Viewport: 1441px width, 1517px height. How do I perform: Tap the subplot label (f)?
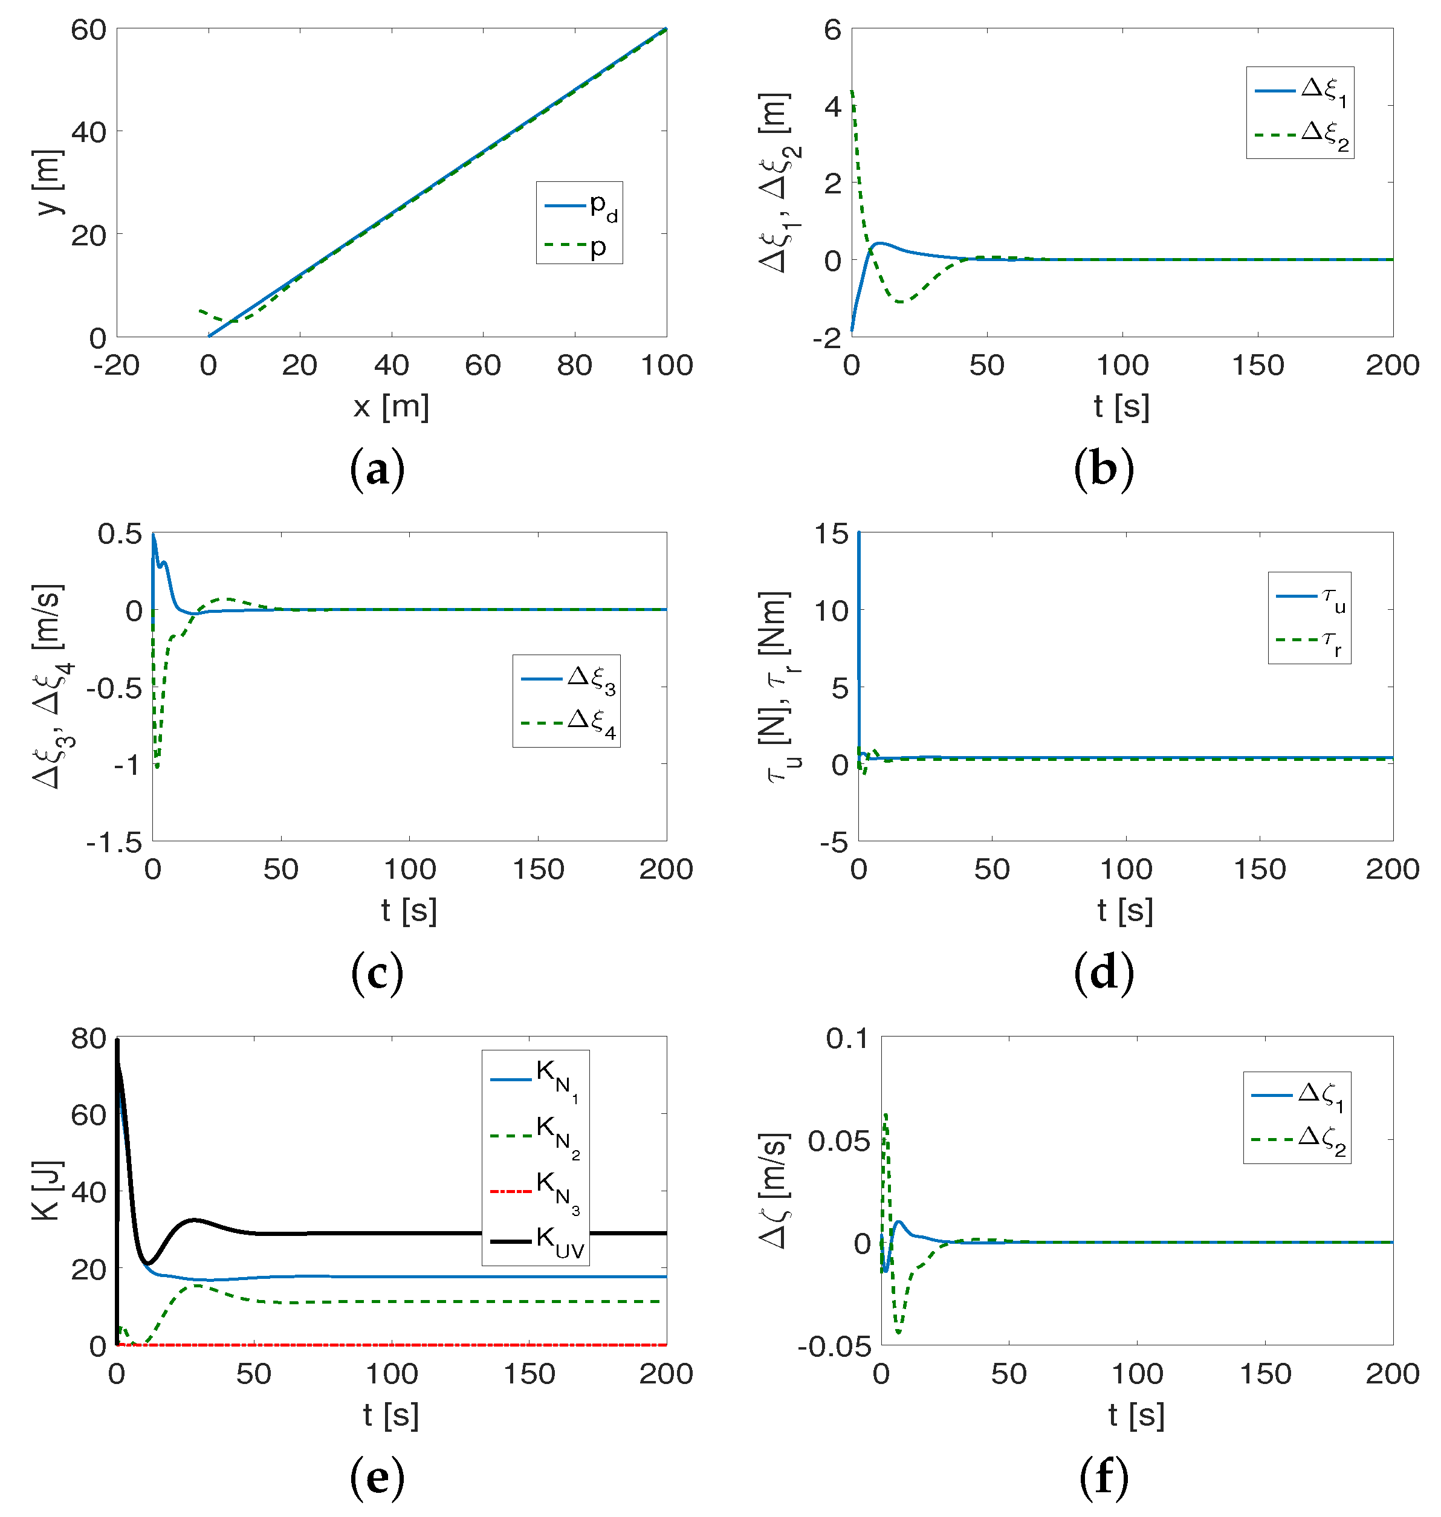pyautogui.click(x=1104, y=1478)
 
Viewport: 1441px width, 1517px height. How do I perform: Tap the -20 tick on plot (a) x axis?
pyautogui.click(x=116, y=366)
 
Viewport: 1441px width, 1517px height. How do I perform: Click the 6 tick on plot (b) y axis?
pyautogui.click(x=833, y=31)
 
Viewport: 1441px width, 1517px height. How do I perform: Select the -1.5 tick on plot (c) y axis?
pyautogui.click(x=114, y=843)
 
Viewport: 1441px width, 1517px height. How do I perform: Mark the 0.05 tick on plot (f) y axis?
pyautogui.click(x=839, y=1140)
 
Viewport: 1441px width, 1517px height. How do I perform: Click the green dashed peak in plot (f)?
pyautogui.click(x=886, y=1114)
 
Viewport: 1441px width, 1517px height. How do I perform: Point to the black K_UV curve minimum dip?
pyautogui.click(x=149, y=1263)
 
